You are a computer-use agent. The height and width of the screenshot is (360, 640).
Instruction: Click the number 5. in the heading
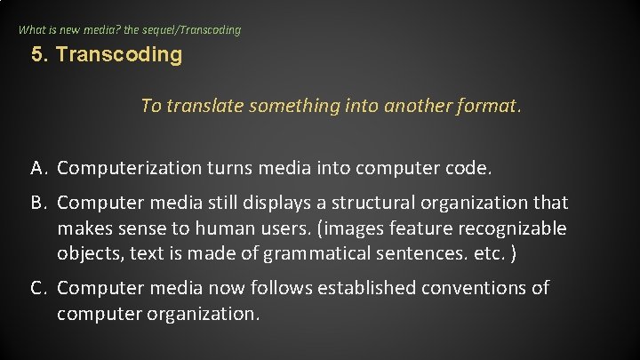point(39,55)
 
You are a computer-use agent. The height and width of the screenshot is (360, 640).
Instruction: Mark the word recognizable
point(511,228)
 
